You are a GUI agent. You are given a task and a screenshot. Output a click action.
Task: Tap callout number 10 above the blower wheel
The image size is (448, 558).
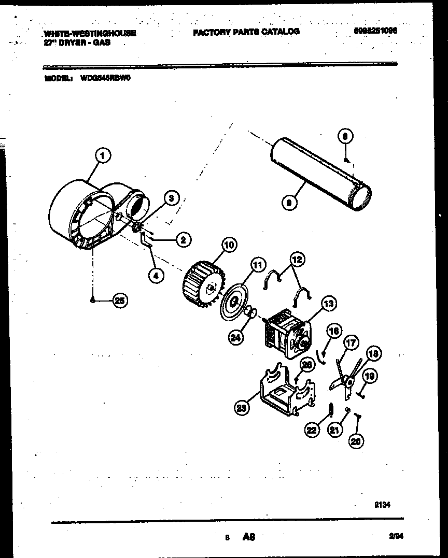tap(228, 244)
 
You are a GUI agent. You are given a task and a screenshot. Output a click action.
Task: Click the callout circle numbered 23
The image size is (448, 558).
tap(241, 408)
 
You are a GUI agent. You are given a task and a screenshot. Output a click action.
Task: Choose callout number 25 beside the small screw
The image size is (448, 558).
tap(120, 301)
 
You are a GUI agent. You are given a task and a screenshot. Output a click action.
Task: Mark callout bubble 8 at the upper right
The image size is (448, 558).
tap(346, 137)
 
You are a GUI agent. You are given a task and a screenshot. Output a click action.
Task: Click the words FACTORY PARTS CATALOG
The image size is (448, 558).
tap(246, 32)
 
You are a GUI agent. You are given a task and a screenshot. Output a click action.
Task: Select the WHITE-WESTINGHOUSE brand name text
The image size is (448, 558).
tap(90, 33)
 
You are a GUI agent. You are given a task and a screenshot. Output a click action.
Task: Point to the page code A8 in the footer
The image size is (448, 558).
tap(249, 539)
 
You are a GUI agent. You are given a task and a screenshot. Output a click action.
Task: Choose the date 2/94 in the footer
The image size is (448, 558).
tap(396, 538)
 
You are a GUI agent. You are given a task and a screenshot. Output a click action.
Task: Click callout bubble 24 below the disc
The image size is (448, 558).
tap(236, 338)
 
